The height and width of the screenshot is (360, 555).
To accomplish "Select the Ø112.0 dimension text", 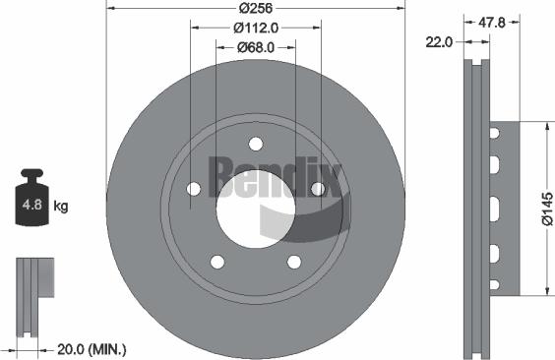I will click(255, 28).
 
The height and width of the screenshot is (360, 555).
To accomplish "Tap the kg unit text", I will click(61, 207).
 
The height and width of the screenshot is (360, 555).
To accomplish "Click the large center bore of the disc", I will click(254, 204).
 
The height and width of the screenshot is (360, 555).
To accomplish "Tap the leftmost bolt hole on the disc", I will click(194, 189).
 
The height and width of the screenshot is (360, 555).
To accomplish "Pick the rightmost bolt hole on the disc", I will click(317, 188).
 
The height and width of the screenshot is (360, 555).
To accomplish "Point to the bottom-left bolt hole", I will click(216, 262).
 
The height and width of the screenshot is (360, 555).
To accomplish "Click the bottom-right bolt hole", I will click(293, 262).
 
